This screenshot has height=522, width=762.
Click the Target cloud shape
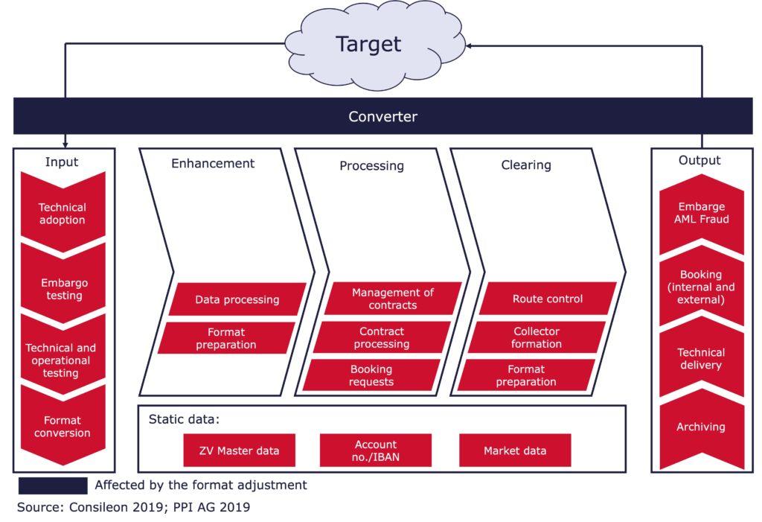point(374,45)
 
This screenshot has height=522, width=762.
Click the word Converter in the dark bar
point(383,117)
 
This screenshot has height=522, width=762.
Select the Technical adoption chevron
point(63,212)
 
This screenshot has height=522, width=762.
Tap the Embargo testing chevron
point(63,284)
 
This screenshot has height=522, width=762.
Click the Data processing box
point(237,299)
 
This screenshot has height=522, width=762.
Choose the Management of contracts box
point(393,298)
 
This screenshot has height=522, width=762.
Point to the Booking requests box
point(371,375)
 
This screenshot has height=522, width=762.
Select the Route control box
point(548,298)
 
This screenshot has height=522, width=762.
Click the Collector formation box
point(537,337)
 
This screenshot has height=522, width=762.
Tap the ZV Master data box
point(239,451)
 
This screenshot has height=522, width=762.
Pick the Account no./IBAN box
point(376,451)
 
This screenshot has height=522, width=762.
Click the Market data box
point(515,451)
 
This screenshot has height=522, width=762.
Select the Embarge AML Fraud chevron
point(702,214)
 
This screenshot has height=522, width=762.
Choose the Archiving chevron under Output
point(702,429)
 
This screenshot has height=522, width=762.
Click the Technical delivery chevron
point(702,357)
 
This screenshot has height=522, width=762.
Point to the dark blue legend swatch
point(53,486)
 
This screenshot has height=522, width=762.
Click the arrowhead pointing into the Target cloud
point(469,46)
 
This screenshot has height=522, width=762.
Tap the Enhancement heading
point(213,164)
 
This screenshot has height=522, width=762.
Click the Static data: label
point(185,419)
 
